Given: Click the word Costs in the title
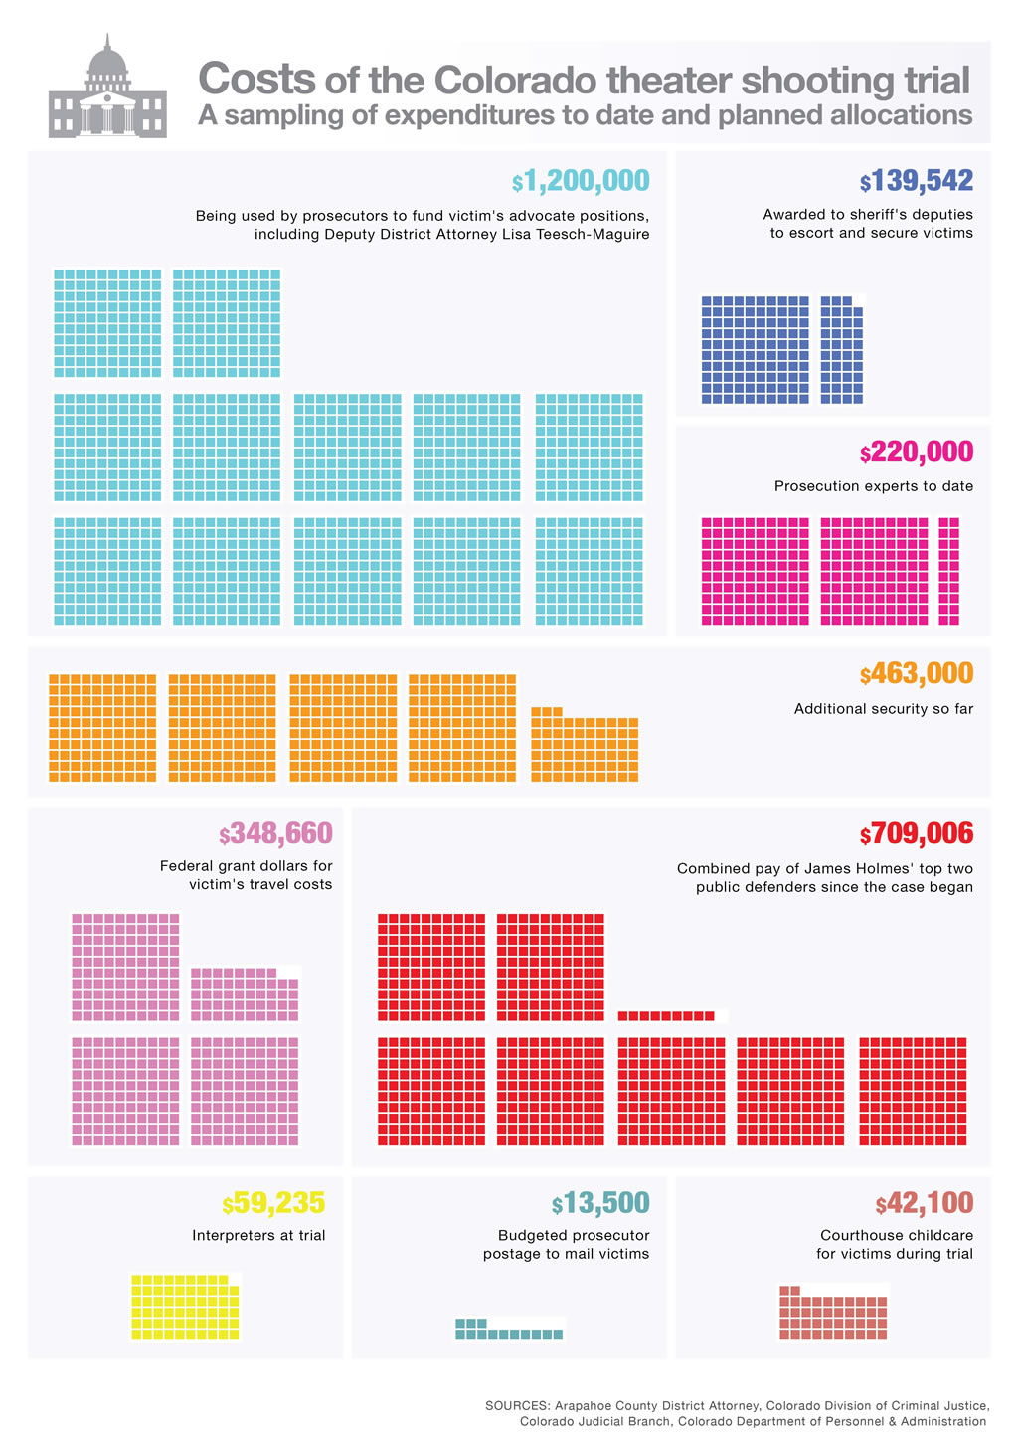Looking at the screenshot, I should [256, 80].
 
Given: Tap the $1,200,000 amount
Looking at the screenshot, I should [581, 181].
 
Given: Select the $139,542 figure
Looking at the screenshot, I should [917, 181].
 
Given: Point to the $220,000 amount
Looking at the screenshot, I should [917, 452].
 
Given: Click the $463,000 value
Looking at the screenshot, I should [917, 674].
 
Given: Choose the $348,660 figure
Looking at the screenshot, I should [276, 833].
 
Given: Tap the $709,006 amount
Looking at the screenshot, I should [917, 834].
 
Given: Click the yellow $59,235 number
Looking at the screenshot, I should [273, 1203].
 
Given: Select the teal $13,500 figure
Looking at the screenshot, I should [600, 1204].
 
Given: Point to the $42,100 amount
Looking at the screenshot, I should [925, 1204].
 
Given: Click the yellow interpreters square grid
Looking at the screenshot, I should [186, 1307].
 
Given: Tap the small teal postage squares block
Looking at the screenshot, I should [509, 1330].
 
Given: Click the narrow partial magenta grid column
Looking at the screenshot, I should [949, 571].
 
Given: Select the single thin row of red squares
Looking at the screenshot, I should [666, 1015].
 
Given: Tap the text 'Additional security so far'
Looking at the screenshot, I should [883, 709].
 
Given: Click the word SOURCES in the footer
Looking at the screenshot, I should [516, 1405].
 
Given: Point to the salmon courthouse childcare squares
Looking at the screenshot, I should [833, 1315].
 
